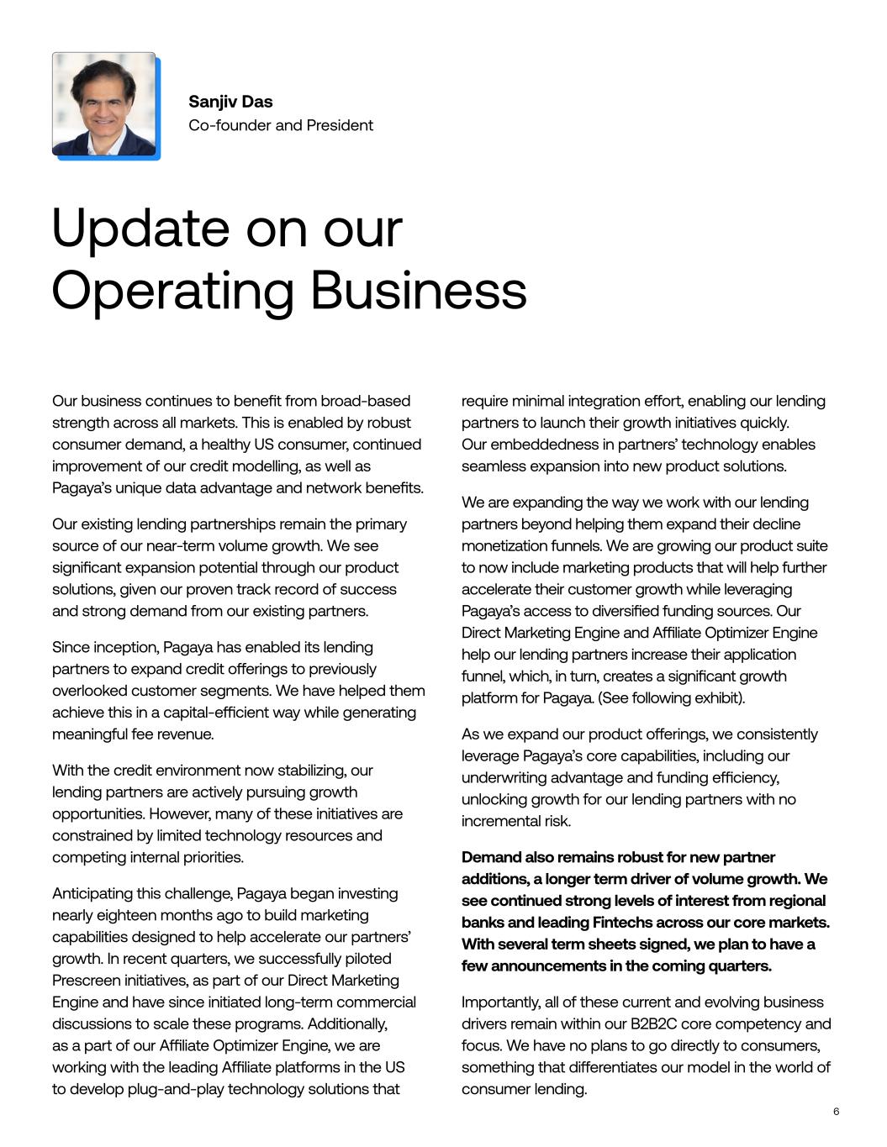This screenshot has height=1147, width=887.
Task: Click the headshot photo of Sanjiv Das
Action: coord(105,105)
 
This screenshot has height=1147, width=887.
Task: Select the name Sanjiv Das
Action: coord(230,102)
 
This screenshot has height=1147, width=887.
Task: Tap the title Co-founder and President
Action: coord(281,125)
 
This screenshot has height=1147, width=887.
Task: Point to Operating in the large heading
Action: coord(173,291)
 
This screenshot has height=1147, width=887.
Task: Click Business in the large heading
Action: coord(419,291)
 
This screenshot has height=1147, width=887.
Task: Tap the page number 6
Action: coord(836,1112)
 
